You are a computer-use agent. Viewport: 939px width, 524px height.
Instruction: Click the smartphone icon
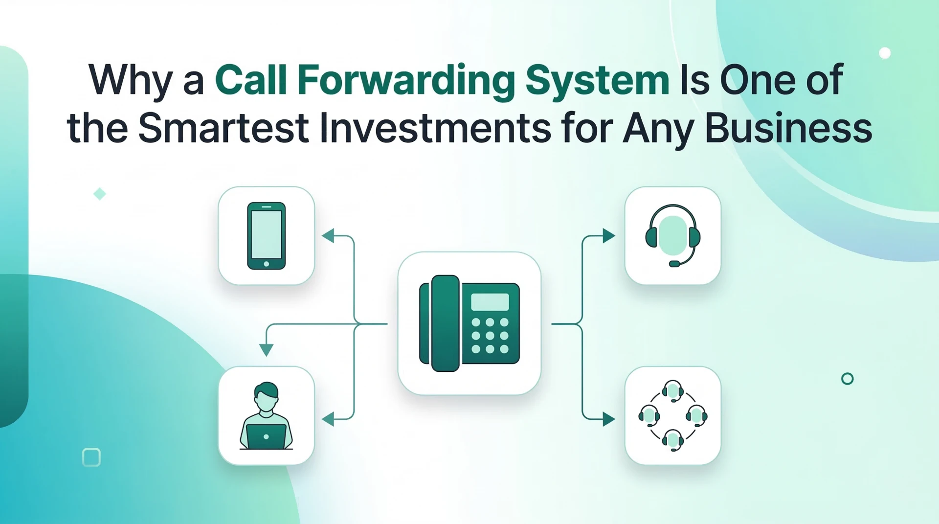[x=266, y=236]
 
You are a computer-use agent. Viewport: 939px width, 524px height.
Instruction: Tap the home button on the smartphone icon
[x=266, y=264]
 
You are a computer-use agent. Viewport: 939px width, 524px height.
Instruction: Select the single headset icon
[x=673, y=235]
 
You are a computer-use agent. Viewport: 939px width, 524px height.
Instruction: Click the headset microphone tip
[x=674, y=264]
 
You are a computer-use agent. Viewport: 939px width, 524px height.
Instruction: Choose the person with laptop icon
[x=266, y=416]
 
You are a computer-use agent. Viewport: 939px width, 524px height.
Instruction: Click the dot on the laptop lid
[x=266, y=436]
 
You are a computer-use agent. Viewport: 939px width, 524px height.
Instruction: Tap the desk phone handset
[x=445, y=323]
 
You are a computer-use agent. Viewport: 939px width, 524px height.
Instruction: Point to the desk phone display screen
[x=490, y=302]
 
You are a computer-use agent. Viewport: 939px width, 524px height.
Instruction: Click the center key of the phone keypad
[x=490, y=336]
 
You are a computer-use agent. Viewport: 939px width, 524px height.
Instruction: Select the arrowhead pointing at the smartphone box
[x=328, y=236]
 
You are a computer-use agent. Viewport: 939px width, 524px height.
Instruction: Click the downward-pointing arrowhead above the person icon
[x=266, y=349]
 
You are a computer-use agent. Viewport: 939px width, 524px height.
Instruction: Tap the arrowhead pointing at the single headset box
[x=608, y=236]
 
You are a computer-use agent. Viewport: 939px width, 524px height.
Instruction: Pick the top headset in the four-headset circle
[x=673, y=391]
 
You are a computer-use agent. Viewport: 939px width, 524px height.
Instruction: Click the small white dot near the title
[x=885, y=53]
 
